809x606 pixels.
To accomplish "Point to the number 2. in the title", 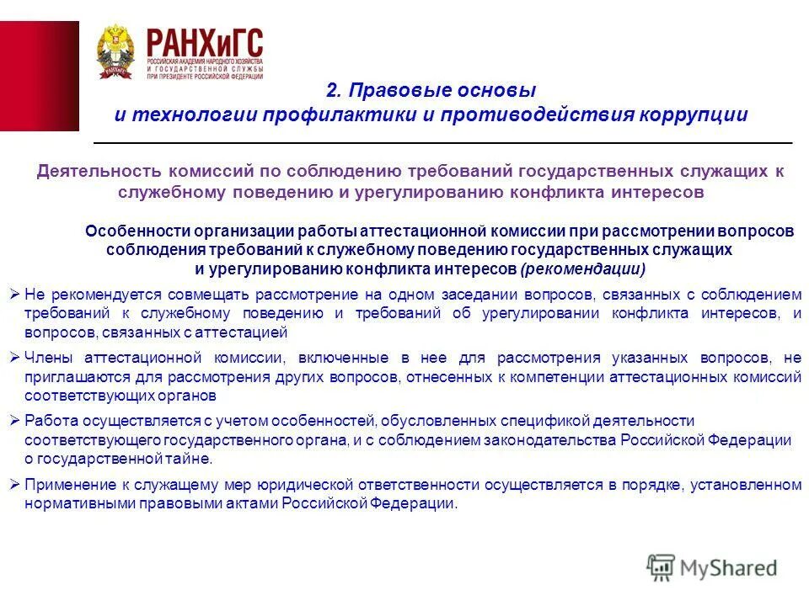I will click(333, 90).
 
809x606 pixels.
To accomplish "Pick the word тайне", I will click(193, 460).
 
